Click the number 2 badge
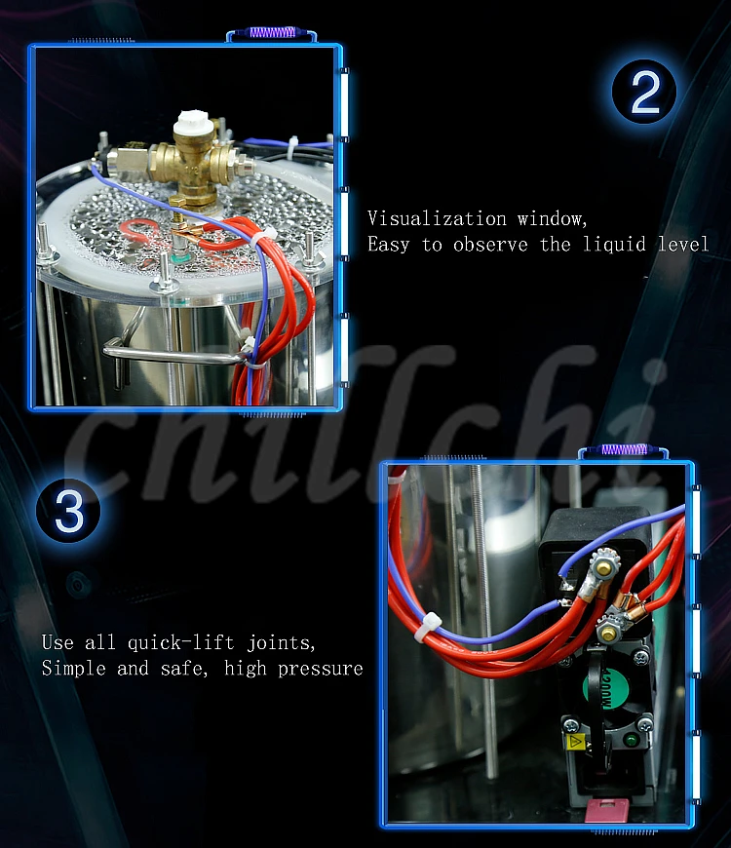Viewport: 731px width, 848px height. (644, 92)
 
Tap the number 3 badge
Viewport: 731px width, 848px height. (68, 510)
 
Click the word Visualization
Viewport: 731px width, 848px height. (437, 218)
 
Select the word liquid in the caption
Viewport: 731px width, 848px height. (614, 245)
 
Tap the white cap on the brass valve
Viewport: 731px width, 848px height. (193, 124)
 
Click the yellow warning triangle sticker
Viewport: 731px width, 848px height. (575, 742)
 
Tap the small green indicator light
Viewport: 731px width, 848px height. (631, 739)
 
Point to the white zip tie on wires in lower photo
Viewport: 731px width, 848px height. (427, 627)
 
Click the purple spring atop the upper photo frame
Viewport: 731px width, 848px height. (272, 32)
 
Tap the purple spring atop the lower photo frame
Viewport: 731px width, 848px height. (625, 449)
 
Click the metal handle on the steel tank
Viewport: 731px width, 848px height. (173, 353)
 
